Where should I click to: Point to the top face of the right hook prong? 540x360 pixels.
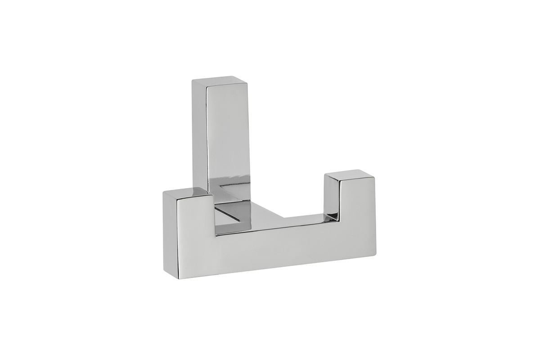(348, 175)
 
